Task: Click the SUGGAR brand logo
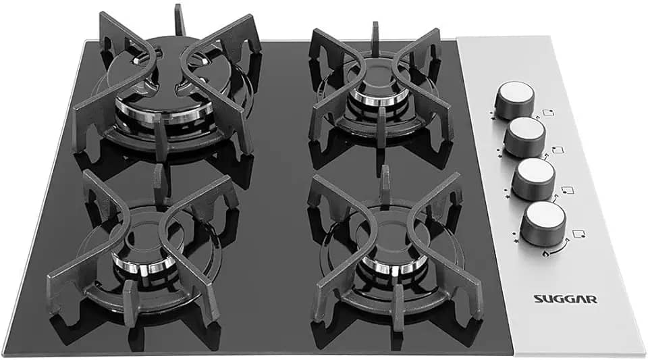tap(565, 299)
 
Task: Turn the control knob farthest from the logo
tap(514, 99)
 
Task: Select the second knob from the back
tap(525, 137)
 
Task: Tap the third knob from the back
tap(535, 180)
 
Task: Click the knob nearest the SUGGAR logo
tap(543, 225)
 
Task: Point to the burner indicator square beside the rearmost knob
tap(548, 113)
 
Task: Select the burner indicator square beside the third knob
tap(568, 190)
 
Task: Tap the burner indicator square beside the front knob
tap(579, 234)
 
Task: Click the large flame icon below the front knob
tap(545, 253)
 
